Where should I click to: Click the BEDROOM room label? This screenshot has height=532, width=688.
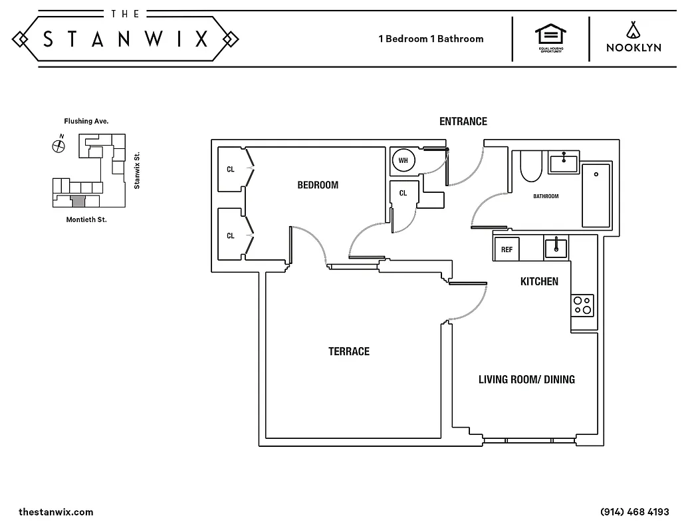(318, 185)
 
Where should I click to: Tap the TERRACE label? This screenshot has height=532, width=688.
(348, 351)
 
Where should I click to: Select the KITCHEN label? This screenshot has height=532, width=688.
(539, 281)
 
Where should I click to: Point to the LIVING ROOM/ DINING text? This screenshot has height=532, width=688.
(526, 380)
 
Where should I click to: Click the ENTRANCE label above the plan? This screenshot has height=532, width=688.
(463, 121)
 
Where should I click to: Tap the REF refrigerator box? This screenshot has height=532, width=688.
(507, 249)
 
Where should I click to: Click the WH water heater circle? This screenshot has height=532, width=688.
(403, 160)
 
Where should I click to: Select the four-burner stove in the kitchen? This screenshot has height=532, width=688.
(583, 305)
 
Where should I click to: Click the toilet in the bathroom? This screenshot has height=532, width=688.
(531, 167)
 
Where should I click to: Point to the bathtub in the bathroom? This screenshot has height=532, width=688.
(596, 195)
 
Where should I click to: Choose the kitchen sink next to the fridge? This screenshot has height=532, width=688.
(556, 248)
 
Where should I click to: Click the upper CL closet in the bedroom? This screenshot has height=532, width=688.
(231, 169)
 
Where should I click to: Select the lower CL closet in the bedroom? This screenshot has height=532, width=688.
(231, 235)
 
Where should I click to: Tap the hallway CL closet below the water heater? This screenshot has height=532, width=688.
(403, 194)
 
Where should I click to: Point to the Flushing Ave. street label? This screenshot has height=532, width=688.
(86, 121)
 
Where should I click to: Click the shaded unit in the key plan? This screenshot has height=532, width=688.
(78, 201)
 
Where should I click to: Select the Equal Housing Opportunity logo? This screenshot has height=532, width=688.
(550, 38)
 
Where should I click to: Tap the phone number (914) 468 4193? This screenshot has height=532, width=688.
(634, 512)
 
